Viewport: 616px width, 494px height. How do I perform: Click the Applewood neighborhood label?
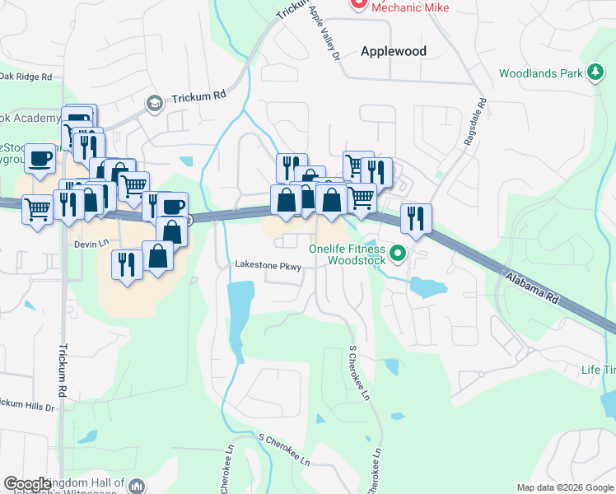coord(394,51)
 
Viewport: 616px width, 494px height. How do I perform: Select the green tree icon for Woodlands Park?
coord(595,73)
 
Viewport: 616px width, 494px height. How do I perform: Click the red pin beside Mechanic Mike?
coord(357,4)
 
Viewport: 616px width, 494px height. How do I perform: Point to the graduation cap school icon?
coord(153,103)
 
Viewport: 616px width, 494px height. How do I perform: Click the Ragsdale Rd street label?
coord(476,123)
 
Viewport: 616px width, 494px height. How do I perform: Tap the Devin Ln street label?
coord(91,245)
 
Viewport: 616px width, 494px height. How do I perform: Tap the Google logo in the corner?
coord(28,484)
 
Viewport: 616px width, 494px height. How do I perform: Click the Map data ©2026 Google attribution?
coord(564,487)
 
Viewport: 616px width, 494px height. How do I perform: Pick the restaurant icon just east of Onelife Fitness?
coord(415,218)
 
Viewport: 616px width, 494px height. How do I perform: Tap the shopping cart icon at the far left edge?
coord(37,209)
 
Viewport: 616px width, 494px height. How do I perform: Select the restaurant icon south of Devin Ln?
coord(126,264)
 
